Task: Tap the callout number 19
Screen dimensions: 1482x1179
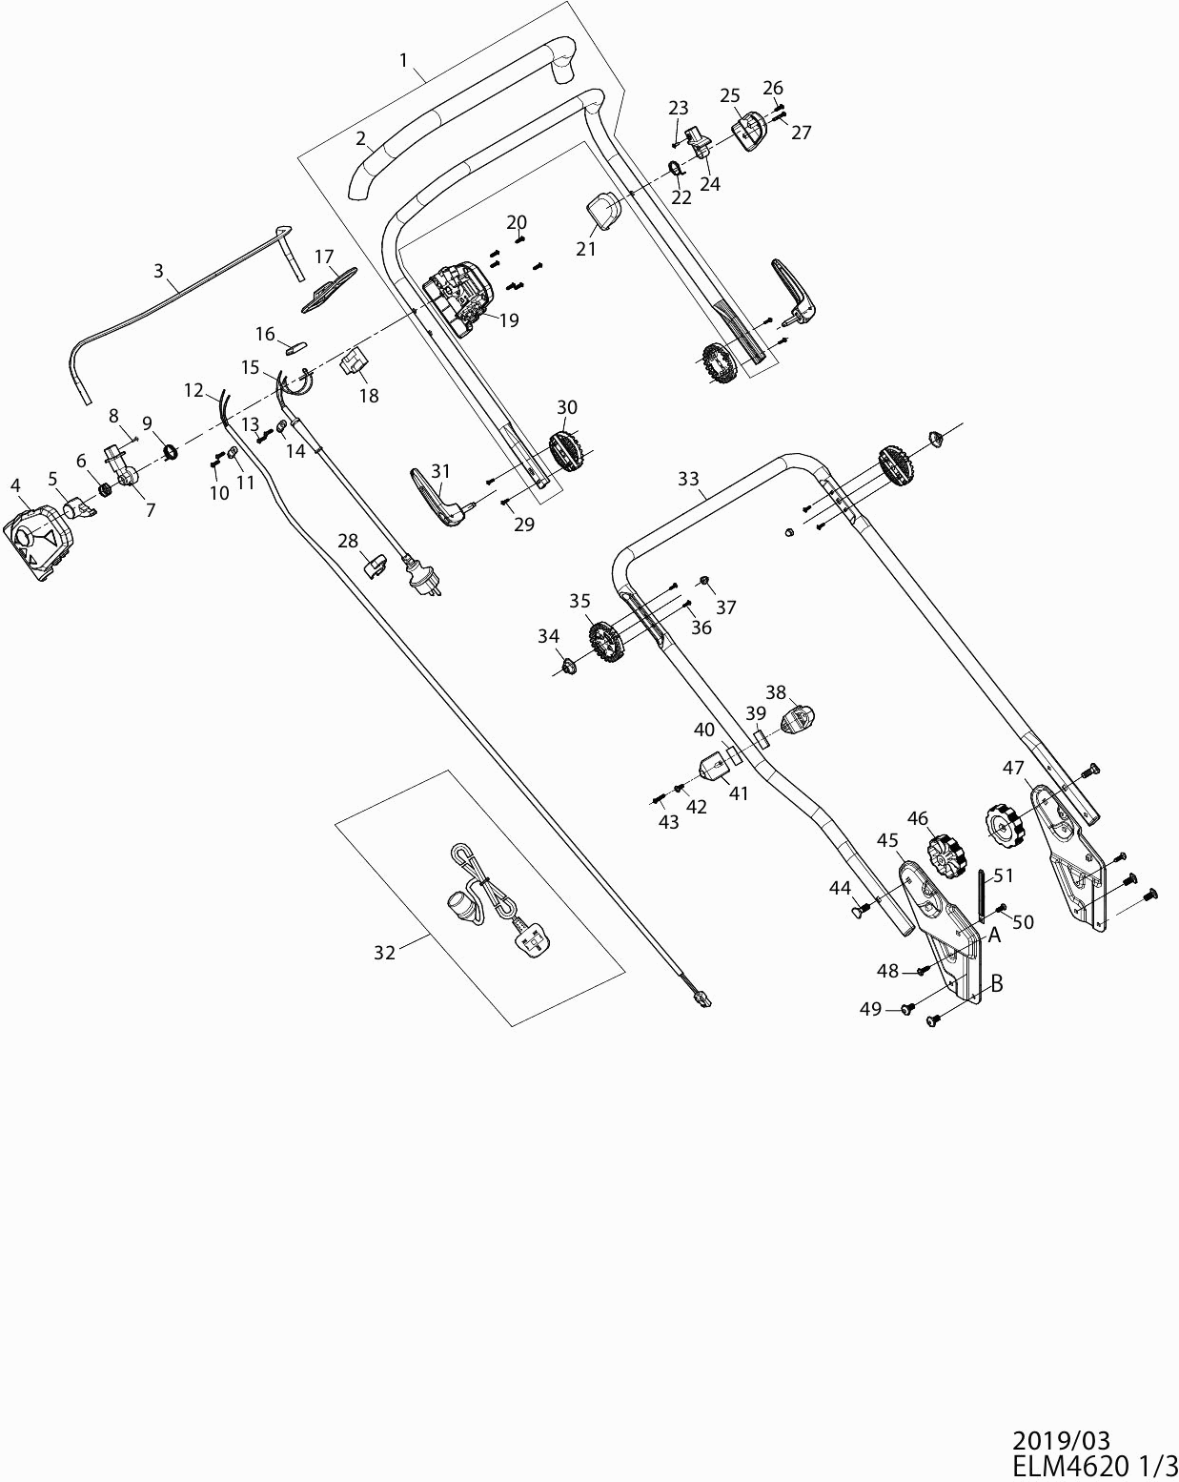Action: point(509,320)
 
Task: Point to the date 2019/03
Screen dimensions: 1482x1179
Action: point(1061,1440)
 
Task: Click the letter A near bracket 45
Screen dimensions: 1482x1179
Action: point(994,935)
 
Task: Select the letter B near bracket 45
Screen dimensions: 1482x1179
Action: point(997,984)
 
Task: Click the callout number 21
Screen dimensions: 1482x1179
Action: point(585,248)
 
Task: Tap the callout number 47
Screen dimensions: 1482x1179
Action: point(1012,767)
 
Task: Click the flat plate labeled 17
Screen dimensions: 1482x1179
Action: point(328,287)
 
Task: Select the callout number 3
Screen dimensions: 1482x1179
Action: point(158,271)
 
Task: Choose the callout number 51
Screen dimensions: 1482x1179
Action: point(1004,875)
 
